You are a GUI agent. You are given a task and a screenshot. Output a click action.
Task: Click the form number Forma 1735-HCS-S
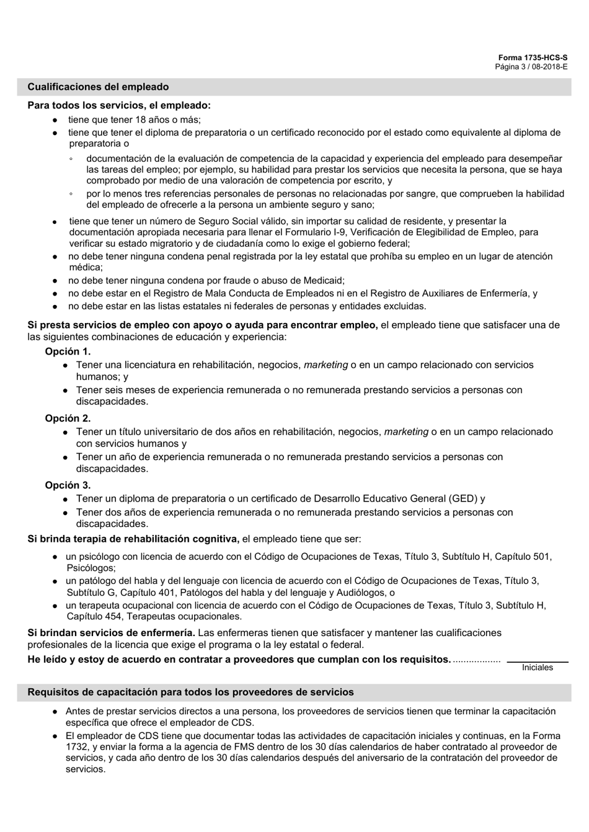533,58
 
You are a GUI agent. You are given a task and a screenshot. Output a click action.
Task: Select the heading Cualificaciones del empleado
98,87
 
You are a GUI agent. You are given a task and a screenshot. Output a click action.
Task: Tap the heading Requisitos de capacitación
190,692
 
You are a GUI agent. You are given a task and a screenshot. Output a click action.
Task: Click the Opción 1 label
68,352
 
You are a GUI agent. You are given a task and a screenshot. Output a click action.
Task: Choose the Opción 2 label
68,418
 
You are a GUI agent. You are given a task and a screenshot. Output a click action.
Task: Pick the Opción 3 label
68,485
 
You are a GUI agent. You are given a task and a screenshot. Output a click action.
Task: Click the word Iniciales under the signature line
537,668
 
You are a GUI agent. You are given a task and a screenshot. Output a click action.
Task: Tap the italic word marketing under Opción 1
325,365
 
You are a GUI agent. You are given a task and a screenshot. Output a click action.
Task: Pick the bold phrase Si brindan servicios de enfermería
112,633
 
